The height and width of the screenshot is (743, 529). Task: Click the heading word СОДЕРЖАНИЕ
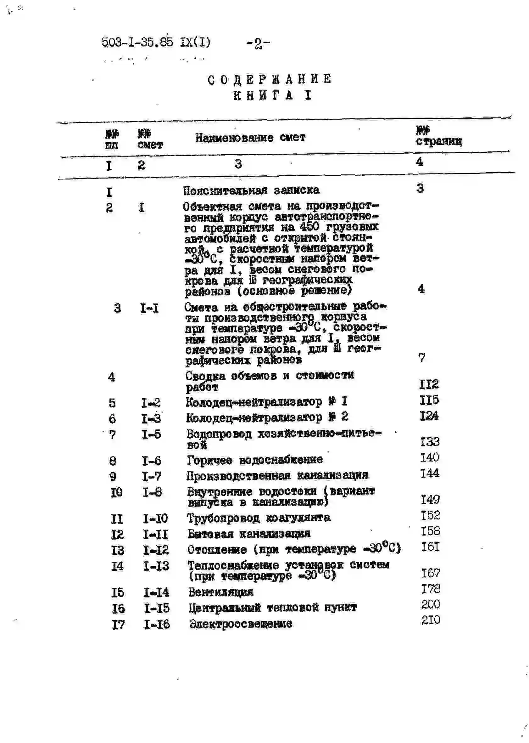[270, 80]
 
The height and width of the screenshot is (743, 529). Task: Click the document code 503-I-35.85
[137, 43]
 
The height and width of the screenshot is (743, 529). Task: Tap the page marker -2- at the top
[258, 43]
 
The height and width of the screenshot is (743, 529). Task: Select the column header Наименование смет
[250, 138]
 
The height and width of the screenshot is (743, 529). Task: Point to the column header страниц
[439, 141]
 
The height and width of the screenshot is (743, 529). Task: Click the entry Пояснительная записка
[251, 190]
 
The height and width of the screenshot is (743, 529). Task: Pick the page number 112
[429, 384]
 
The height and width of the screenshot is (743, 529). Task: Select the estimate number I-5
[151, 434]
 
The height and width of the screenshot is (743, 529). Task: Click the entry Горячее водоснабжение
[255, 460]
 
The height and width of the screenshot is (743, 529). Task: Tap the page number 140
[430, 457]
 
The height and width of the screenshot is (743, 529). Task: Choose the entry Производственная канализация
[277, 475]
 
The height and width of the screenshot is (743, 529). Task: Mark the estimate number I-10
[155, 519]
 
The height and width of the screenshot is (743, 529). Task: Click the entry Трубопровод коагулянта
[259, 518]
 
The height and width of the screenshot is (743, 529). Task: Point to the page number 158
[430, 531]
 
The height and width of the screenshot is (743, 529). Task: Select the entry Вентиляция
[221, 592]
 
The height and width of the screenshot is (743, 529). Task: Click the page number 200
[431, 604]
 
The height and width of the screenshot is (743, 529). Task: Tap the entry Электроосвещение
[241, 624]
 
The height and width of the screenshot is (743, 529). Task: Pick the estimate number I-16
[157, 624]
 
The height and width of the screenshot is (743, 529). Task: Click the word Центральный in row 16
[225, 608]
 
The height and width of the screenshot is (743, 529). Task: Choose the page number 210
[431, 620]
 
